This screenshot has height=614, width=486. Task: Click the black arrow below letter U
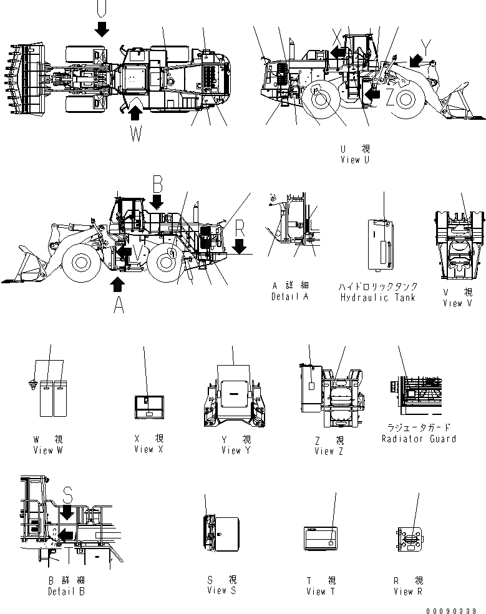[102, 27]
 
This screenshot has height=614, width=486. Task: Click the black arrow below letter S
[67, 513]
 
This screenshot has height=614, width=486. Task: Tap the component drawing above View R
[409, 540]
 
